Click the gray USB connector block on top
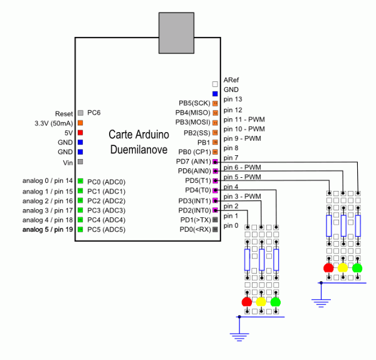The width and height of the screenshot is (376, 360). click(176, 33)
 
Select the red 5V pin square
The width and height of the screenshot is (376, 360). click(80, 133)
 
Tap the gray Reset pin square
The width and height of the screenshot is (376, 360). click(81, 113)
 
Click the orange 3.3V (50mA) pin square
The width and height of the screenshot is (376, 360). click(80, 123)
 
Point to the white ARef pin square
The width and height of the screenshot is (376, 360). click(215, 84)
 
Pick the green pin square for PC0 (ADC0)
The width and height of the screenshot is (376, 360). click(81, 181)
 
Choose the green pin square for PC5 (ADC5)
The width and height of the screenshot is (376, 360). click(81, 229)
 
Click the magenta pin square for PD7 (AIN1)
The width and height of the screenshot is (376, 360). click(215, 162)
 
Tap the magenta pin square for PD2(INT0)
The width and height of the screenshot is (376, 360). click(215, 210)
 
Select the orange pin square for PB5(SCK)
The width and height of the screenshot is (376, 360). click(216, 103)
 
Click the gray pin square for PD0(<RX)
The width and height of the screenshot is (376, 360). click(216, 229)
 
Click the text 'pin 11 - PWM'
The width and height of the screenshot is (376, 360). click(244, 120)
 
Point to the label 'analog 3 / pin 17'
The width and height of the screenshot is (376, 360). click(48, 210)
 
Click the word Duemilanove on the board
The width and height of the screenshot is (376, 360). click(139, 150)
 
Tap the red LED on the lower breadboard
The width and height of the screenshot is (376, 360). click(247, 302)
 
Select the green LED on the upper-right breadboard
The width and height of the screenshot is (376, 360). click(357, 268)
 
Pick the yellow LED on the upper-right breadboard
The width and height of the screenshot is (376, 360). click(343, 268)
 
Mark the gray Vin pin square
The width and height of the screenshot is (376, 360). click(80, 162)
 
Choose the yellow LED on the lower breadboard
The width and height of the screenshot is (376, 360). click(261, 302)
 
